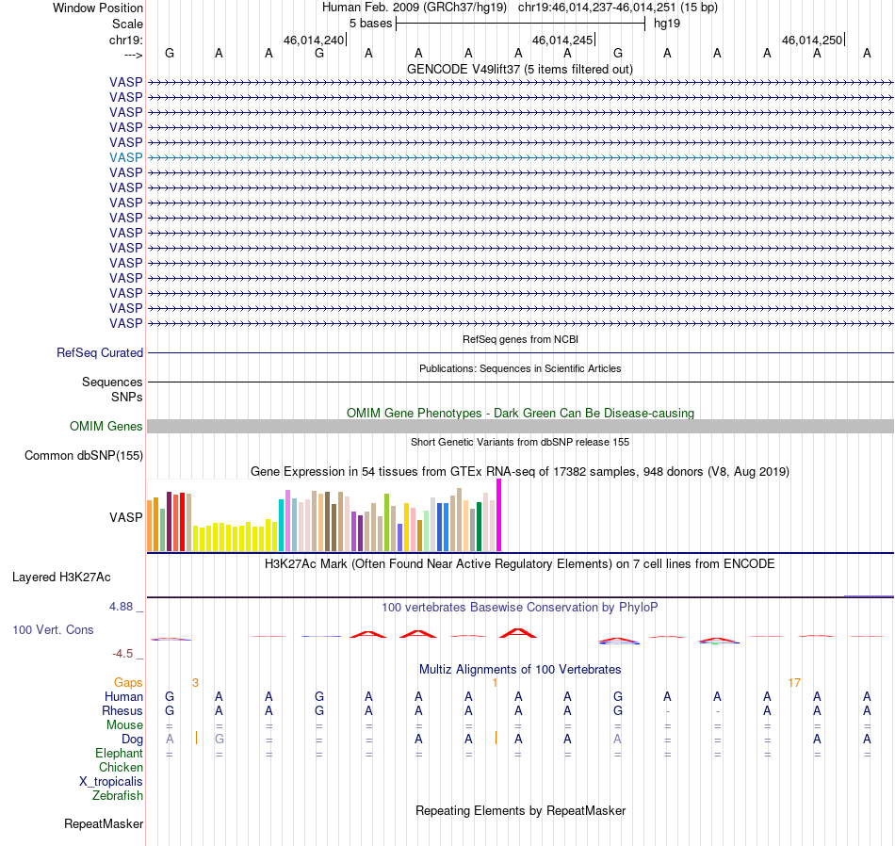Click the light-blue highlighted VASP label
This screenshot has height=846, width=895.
(125, 157)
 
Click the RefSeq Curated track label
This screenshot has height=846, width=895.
(100, 352)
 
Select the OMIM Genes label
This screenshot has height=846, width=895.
(106, 427)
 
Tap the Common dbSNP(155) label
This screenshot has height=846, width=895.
(84, 456)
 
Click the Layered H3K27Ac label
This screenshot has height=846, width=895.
(61, 578)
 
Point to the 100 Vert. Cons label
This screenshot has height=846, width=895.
(53, 629)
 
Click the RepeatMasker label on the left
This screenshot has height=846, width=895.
(104, 823)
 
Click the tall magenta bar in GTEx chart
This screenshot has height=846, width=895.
(499, 515)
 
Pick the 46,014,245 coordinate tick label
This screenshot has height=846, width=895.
(562, 40)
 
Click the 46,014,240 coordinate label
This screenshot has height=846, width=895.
(314, 40)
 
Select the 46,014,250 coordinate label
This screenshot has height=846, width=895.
(812, 40)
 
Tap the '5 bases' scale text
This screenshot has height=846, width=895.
(371, 24)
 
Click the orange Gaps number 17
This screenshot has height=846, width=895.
(794, 683)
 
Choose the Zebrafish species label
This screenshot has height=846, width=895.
(118, 796)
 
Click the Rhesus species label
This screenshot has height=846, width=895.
(122, 711)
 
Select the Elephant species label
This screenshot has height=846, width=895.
(119, 754)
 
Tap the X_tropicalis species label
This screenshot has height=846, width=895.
(111, 782)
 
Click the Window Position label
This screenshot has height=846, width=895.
(98, 8)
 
